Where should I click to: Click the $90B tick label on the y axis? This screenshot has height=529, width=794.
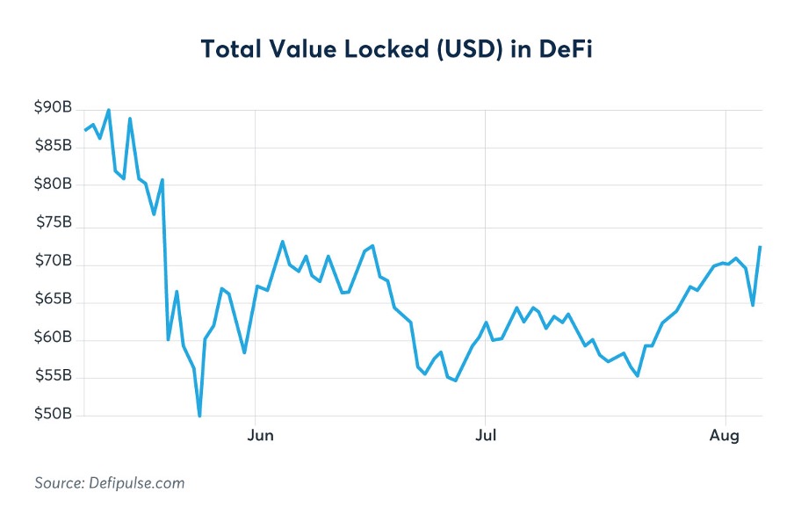click(53, 108)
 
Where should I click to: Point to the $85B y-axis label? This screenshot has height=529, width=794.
click(53, 146)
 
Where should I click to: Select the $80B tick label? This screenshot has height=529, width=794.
click(53, 185)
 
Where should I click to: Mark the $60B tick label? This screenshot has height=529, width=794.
click(53, 338)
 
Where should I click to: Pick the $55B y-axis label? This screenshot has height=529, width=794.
click(53, 377)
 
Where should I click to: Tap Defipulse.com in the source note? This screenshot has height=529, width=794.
click(134, 483)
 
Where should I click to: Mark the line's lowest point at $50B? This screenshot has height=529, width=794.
click(199, 416)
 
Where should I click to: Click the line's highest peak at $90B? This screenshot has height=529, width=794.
click(108, 110)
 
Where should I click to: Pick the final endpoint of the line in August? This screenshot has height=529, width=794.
click(760, 247)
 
